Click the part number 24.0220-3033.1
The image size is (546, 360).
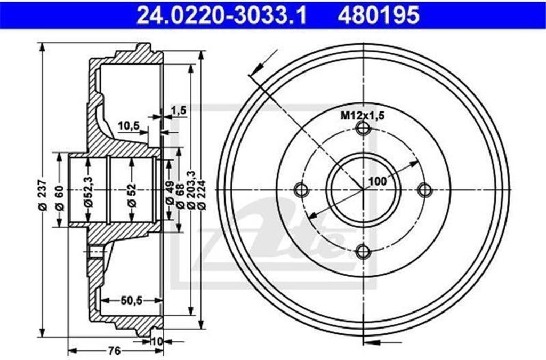(221, 15)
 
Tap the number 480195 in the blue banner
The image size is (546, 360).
(379, 15)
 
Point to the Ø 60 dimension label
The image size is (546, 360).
(60, 198)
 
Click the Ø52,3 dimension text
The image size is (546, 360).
(89, 192)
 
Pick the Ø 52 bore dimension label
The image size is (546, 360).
(132, 196)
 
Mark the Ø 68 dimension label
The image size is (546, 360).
(180, 196)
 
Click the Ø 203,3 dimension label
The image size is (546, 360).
(190, 190)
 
